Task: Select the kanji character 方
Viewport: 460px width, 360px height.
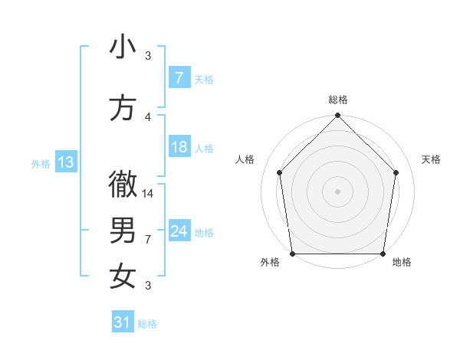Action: point(123,107)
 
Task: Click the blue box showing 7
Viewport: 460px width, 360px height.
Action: point(179,77)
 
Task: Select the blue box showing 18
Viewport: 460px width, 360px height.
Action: point(179,147)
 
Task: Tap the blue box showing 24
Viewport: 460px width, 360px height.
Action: point(179,231)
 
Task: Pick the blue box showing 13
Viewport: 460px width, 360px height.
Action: point(65,162)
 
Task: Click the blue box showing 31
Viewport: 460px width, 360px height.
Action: point(122,322)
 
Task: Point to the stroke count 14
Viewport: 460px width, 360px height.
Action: point(148,193)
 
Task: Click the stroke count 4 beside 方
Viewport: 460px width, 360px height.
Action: point(148,116)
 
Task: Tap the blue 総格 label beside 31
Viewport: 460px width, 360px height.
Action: point(147,324)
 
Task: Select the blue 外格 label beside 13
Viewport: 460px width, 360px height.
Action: point(41,163)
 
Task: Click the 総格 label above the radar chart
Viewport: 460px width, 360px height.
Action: point(338,100)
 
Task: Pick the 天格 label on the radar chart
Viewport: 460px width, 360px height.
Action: point(432,159)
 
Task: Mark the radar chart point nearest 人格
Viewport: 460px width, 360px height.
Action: point(280,172)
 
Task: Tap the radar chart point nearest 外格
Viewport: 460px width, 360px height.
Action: point(293,253)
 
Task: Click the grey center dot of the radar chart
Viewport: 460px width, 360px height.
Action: point(338,191)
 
